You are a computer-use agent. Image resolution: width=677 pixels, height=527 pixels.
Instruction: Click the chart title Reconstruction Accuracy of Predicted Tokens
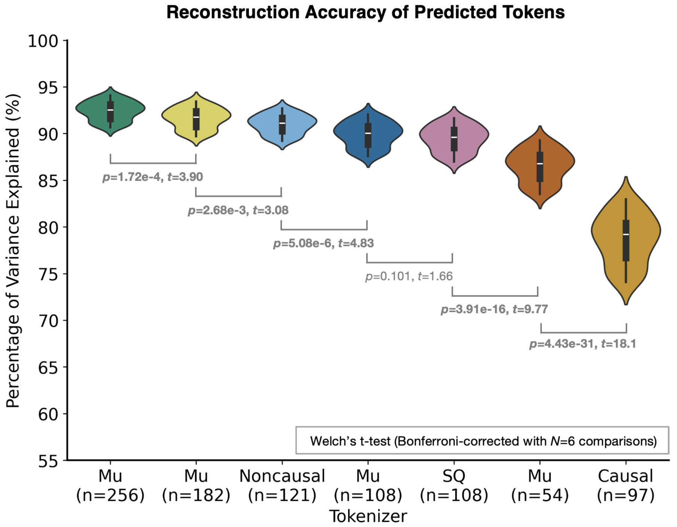[x=365, y=12]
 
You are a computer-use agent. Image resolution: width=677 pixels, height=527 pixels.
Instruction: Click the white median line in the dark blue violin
[x=368, y=133]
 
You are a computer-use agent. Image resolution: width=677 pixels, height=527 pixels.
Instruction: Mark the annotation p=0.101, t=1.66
[x=409, y=277]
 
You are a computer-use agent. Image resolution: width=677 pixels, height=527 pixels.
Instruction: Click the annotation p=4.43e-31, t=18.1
[x=583, y=344]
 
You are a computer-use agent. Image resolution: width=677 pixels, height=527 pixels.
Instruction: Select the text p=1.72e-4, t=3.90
[x=153, y=177]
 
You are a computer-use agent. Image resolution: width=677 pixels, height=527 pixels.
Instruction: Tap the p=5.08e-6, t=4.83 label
[x=324, y=244]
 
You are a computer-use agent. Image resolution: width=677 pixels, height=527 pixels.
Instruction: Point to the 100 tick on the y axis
[x=43, y=41]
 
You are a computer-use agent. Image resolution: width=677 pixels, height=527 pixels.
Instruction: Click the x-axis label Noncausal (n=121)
[x=282, y=486]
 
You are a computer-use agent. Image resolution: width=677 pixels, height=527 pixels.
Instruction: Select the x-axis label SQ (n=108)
[x=454, y=486]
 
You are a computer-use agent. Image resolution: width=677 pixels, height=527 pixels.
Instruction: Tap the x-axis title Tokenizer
[x=368, y=517]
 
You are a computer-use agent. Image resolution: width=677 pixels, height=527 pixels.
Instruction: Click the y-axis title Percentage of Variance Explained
[x=13, y=250]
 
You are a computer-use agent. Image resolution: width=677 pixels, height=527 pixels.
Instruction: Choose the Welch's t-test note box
[x=482, y=441]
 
